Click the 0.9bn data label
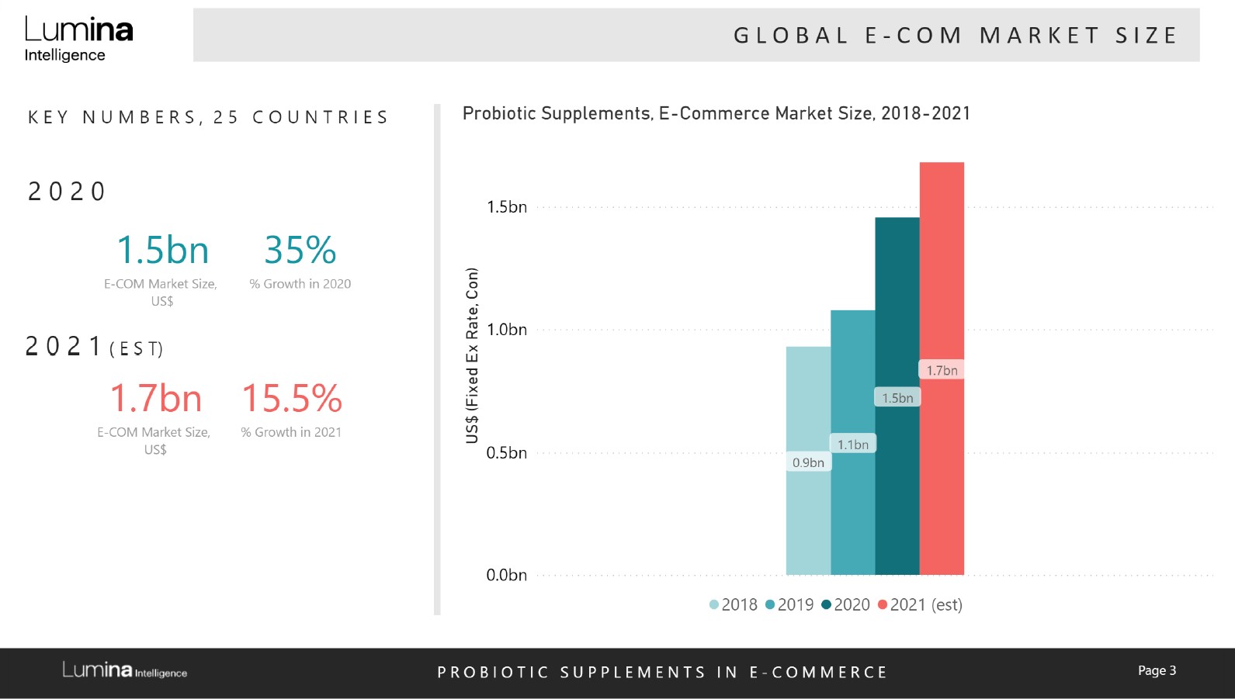pos(808,462)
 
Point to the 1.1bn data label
pos(852,445)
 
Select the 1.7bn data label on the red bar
pos(942,370)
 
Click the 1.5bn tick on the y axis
pos(506,207)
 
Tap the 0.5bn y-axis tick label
pos(506,453)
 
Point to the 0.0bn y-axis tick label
pos(506,575)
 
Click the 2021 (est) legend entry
pos(920,605)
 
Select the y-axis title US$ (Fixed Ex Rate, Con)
pos(472,355)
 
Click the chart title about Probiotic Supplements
pos(716,113)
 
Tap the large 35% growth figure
pos(300,251)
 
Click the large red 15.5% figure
pos(292,399)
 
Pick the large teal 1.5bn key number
pos(162,251)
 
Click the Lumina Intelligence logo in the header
pos(78,39)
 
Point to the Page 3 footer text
pos(1157,670)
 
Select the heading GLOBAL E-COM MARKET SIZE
pos(955,36)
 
